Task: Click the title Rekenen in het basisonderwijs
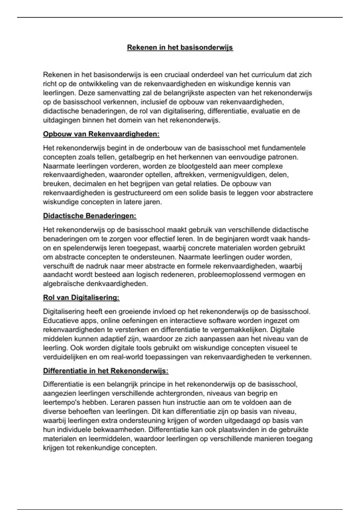180,47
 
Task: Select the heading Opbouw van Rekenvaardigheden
101,134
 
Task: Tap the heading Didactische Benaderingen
90,216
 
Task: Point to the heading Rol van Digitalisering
81,298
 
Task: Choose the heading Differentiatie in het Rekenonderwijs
106,371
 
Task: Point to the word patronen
283,157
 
